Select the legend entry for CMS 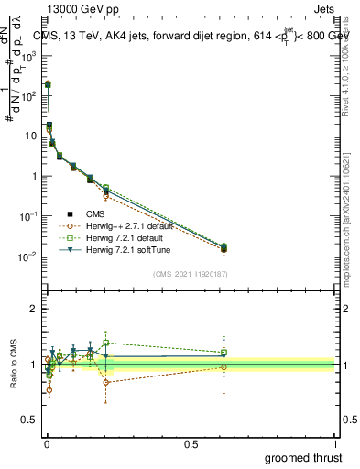click(x=94, y=214)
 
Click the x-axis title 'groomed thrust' click(x=305, y=457)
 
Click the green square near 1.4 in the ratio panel click(x=106, y=343)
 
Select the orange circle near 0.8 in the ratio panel click(x=106, y=382)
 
